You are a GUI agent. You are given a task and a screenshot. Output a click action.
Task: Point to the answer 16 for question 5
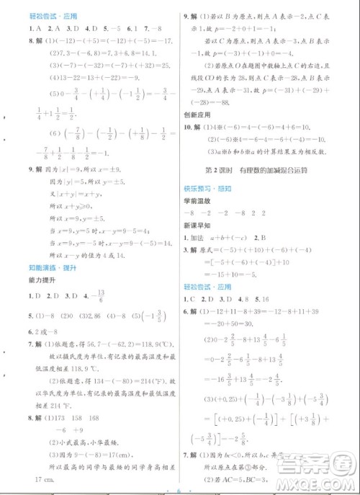[x=261, y=297]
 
